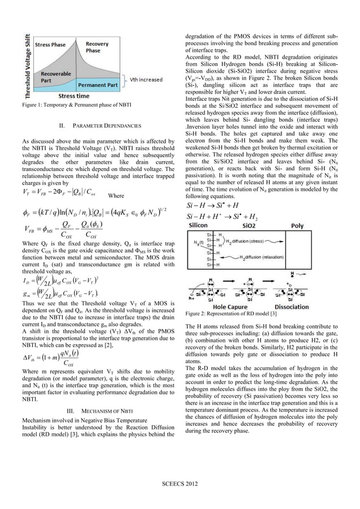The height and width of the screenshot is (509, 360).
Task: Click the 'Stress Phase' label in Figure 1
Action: (50, 44)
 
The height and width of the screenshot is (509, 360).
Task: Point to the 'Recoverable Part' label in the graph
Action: (52, 77)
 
